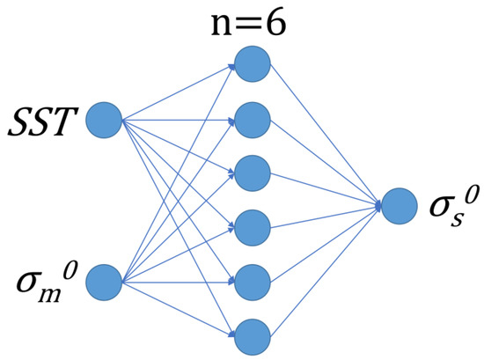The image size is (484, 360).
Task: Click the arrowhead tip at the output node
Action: pyautogui.click(x=381, y=206)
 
